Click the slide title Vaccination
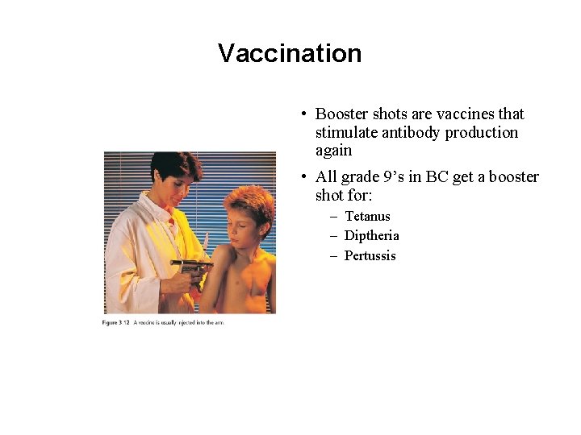(290, 53)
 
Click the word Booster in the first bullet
(341, 114)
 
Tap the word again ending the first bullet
(333, 151)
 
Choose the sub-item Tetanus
(367, 216)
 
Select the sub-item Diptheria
(371, 236)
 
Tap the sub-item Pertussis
(370, 256)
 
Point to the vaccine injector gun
(192, 266)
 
